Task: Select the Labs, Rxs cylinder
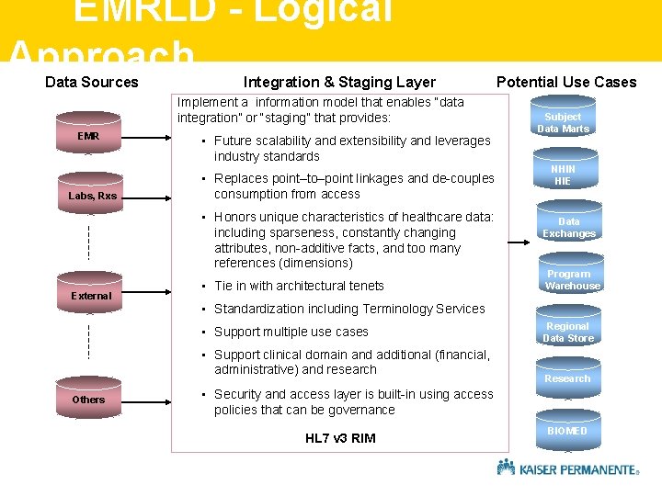click(92, 194)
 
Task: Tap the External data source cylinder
click(91, 294)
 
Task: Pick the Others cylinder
click(89, 398)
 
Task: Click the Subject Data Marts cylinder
click(563, 121)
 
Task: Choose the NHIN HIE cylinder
click(563, 175)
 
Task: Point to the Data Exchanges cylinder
click(568, 226)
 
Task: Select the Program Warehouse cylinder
click(572, 279)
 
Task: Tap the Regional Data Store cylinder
click(567, 332)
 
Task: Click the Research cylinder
click(567, 378)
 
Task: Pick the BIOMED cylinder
click(567, 430)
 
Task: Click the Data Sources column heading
click(92, 82)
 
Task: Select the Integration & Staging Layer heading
click(339, 82)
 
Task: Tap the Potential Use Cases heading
click(566, 82)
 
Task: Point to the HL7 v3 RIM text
click(340, 438)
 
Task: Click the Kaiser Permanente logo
click(567, 468)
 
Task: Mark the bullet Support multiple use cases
click(291, 332)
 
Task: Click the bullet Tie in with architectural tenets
click(299, 286)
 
